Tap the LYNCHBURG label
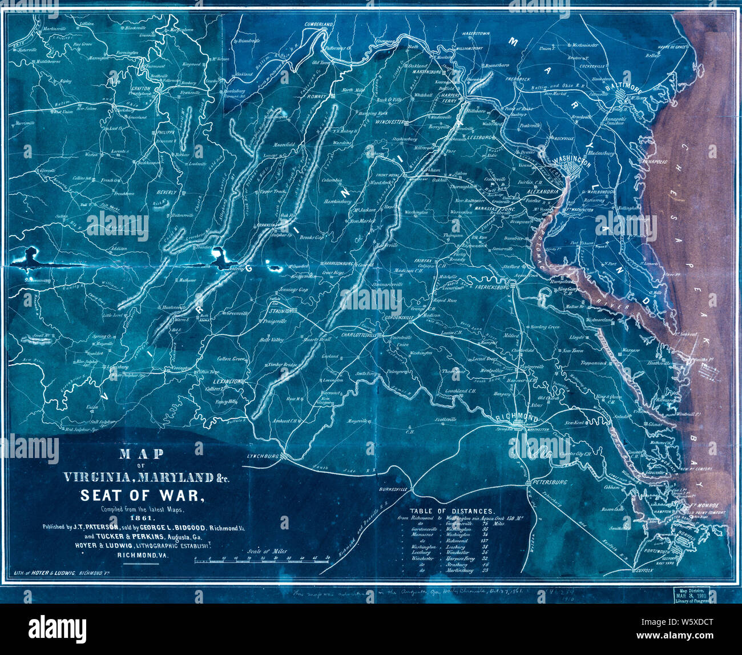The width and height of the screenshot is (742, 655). click(x=262, y=456)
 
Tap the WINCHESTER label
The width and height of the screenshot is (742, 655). click(x=390, y=122)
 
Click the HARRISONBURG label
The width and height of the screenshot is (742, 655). click(x=342, y=264)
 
